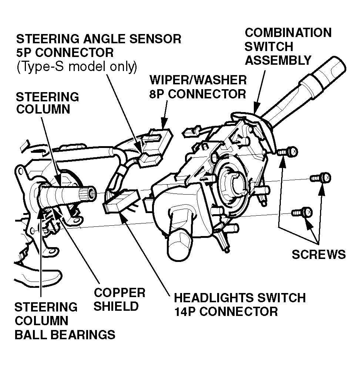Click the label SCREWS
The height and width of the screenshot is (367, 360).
319,254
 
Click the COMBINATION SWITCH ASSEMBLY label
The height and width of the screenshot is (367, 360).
288,46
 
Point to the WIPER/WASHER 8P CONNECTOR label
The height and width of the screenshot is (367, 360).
198,87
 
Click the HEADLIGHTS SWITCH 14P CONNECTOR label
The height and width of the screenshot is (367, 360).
240,304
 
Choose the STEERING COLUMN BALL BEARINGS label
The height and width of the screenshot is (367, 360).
64,320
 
